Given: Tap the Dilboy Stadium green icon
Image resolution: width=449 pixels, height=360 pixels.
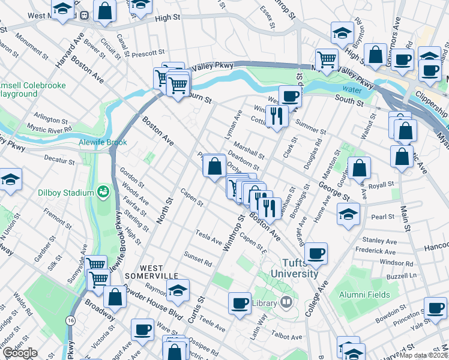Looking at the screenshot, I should (103, 192).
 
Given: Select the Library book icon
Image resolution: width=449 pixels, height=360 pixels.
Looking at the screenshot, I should (287, 302).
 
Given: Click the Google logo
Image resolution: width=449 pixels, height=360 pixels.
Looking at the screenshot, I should (20, 353).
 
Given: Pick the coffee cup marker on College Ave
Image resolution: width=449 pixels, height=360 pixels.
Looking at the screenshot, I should (316, 252).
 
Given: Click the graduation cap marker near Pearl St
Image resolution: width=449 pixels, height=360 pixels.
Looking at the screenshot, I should (348, 214).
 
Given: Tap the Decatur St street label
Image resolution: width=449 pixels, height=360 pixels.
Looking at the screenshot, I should (59, 160).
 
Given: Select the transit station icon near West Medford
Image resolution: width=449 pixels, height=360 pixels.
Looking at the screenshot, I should (85, 15).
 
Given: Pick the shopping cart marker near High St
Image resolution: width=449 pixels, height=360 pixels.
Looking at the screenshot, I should (327, 59).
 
